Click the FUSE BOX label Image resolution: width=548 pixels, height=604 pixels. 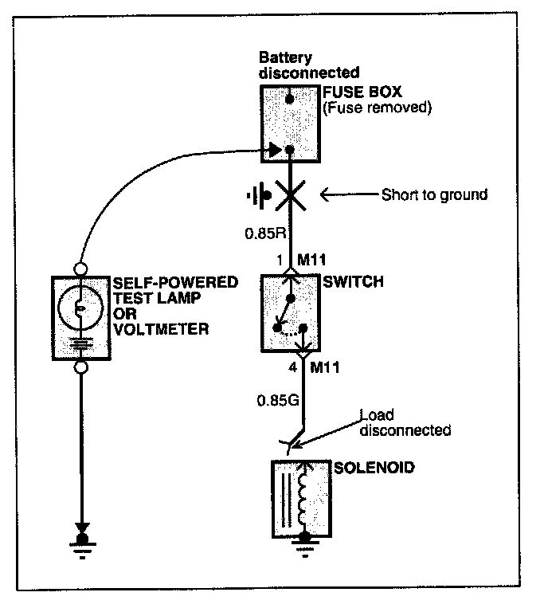(362, 92)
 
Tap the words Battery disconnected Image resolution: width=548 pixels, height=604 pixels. (309, 65)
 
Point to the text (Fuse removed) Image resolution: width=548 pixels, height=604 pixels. (378, 107)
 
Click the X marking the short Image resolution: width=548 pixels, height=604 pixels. (291, 195)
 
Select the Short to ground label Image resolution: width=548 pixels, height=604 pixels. (434, 194)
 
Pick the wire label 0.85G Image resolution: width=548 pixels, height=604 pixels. (278, 401)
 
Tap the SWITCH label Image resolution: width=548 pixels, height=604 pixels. (353, 281)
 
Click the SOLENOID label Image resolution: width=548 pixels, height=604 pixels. (374, 468)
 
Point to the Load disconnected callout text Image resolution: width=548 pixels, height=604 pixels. (405, 422)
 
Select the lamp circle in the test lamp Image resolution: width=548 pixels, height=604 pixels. (80, 308)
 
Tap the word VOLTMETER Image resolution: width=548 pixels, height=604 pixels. (162, 329)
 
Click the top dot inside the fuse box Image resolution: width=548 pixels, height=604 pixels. (290, 99)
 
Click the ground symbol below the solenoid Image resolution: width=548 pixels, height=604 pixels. (305, 545)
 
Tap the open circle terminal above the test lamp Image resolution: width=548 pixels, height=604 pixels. (80, 269)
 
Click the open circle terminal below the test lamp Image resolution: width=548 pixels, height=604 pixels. (80, 367)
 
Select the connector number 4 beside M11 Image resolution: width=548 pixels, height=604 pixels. (293, 367)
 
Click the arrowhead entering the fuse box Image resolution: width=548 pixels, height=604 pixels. (276, 150)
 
